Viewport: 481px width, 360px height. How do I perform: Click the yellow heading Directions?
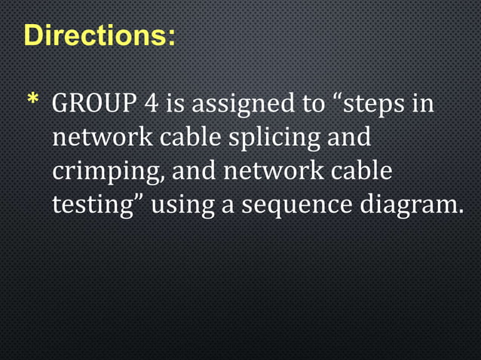pos(101,35)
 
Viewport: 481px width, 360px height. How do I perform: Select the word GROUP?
pos(92,103)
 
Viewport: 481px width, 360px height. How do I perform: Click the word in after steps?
pos(424,103)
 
